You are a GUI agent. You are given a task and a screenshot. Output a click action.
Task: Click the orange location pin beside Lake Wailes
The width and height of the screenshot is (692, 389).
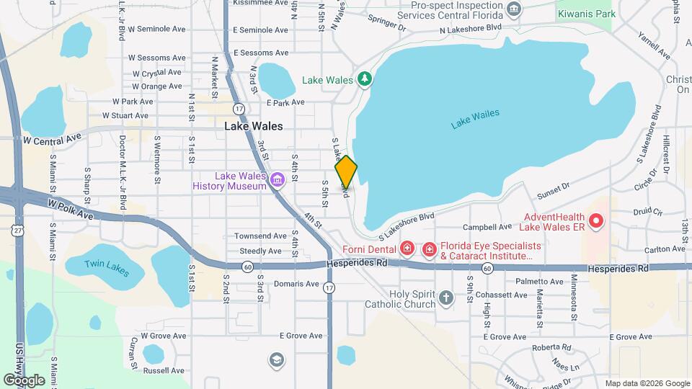click(x=346, y=171)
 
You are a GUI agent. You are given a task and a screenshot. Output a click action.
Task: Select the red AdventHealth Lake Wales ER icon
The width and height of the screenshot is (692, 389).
click(x=596, y=221)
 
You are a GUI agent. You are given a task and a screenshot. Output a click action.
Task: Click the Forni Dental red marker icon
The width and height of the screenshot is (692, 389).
click(x=407, y=249)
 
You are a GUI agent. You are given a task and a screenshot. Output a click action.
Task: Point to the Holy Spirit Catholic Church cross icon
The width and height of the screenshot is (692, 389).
click(x=446, y=298)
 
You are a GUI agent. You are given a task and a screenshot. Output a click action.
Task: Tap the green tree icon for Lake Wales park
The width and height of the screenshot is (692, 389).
click(x=365, y=79)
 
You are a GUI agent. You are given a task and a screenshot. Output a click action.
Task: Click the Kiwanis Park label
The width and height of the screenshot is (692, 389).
click(x=586, y=14)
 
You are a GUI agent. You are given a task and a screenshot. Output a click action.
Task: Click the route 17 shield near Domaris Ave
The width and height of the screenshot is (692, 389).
click(x=329, y=287)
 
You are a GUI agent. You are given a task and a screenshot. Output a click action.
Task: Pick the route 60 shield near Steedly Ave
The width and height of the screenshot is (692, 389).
click(x=247, y=266)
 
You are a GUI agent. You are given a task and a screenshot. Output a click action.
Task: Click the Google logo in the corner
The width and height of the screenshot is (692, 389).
click(x=23, y=380)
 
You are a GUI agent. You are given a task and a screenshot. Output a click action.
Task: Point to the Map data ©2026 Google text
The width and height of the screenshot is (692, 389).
click(x=647, y=383)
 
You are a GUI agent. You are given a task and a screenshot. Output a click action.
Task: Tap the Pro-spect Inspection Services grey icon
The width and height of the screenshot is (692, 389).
click(x=513, y=9)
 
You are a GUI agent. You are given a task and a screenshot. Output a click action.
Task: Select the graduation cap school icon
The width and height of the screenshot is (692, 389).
click(x=276, y=359)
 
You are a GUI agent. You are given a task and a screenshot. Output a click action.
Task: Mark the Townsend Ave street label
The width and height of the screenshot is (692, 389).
click(x=260, y=236)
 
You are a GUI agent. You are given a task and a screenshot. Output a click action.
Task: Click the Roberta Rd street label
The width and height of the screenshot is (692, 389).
click(x=551, y=347)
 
